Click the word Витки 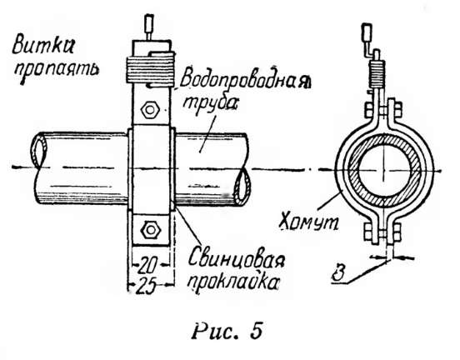(42, 47)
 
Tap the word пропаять (57, 71)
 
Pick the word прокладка (233, 282)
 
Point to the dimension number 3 (339, 273)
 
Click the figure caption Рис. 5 (227, 332)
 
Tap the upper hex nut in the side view (150, 111)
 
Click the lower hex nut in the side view (151, 230)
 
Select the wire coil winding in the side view (151, 70)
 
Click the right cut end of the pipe (242, 189)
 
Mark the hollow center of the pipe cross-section (383, 170)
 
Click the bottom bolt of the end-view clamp (382, 232)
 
